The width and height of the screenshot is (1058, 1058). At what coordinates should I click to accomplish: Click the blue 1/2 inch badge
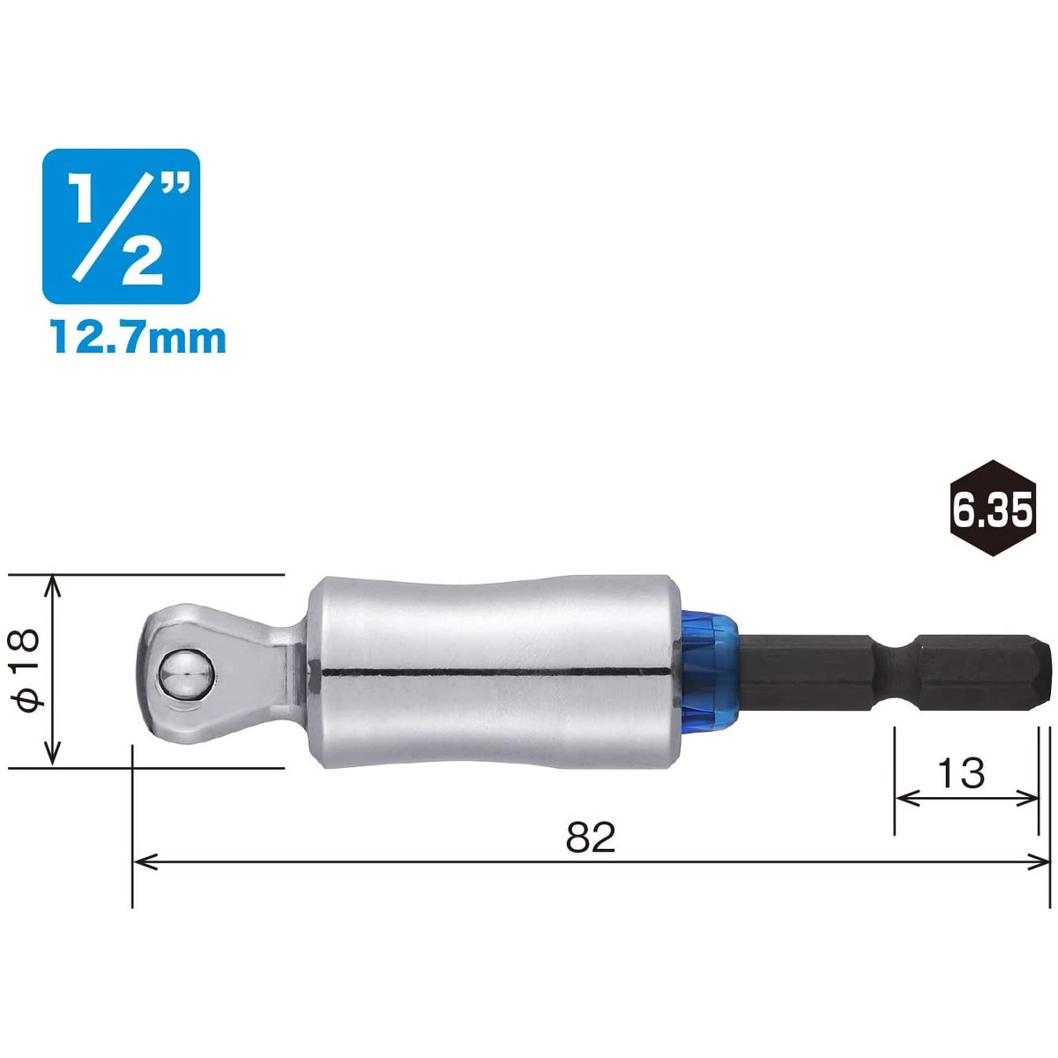point(121,227)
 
